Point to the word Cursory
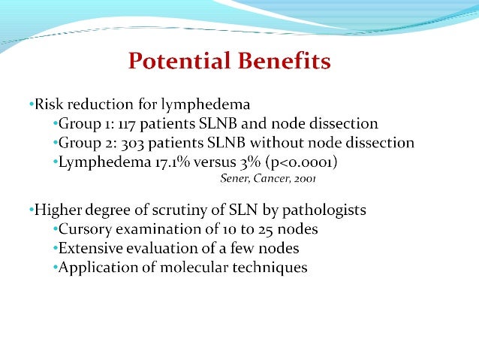point(84,228)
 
